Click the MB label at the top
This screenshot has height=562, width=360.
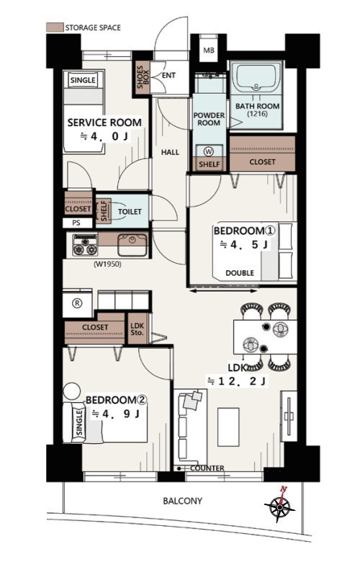(x=209, y=50)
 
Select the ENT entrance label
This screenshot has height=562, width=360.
(x=168, y=75)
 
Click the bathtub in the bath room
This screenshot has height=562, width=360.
(x=256, y=79)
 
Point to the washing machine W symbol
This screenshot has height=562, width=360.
(x=209, y=151)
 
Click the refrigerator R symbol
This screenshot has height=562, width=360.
(x=77, y=303)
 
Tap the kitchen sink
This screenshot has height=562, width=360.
(x=132, y=245)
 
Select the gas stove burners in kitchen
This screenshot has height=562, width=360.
(x=85, y=245)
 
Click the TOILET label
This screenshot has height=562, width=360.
(x=130, y=212)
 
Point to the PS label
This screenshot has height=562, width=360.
(x=76, y=223)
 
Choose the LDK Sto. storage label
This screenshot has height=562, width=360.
(x=138, y=329)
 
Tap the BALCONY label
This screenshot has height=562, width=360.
(x=183, y=501)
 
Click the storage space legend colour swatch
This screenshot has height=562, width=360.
(x=55, y=27)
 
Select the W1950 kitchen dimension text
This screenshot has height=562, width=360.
(x=107, y=264)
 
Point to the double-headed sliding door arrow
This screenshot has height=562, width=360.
(x=223, y=290)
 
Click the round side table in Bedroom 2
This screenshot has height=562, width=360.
(x=72, y=391)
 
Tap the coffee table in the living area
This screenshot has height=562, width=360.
(x=228, y=427)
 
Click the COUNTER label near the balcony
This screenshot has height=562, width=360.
(x=207, y=468)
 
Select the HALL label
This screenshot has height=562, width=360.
(x=170, y=152)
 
